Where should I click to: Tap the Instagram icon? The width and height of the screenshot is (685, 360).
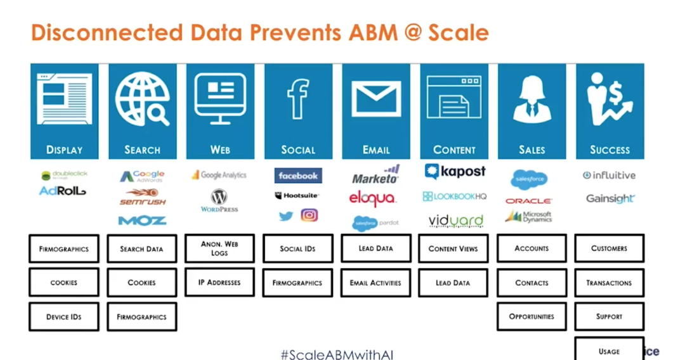(x=309, y=215)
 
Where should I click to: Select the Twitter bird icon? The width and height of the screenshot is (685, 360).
(x=286, y=216)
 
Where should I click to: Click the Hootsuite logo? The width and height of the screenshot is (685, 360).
(x=297, y=196)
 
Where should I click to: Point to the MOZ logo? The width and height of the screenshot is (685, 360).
(x=142, y=221)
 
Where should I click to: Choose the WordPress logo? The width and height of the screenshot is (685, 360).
(x=219, y=200)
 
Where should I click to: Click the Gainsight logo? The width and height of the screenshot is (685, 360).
(x=610, y=199)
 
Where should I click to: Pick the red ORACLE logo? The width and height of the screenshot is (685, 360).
(x=528, y=201)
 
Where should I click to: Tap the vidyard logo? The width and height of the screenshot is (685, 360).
(x=455, y=221)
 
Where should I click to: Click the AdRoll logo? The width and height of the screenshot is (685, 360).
(x=62, y=191)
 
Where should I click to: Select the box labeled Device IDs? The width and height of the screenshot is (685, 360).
(x=64, y=317)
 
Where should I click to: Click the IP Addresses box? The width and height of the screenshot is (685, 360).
(x=219, y=282)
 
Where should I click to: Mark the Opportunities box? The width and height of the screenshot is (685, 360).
(x=532, y=316)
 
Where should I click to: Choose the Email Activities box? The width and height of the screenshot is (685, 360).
(x=375, y=283)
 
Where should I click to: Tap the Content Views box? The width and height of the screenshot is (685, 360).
(x=453, y=248)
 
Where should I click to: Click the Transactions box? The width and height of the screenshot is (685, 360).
(x=609, y=283)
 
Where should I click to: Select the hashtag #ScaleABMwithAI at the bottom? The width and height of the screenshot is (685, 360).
(x=337, y=354)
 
